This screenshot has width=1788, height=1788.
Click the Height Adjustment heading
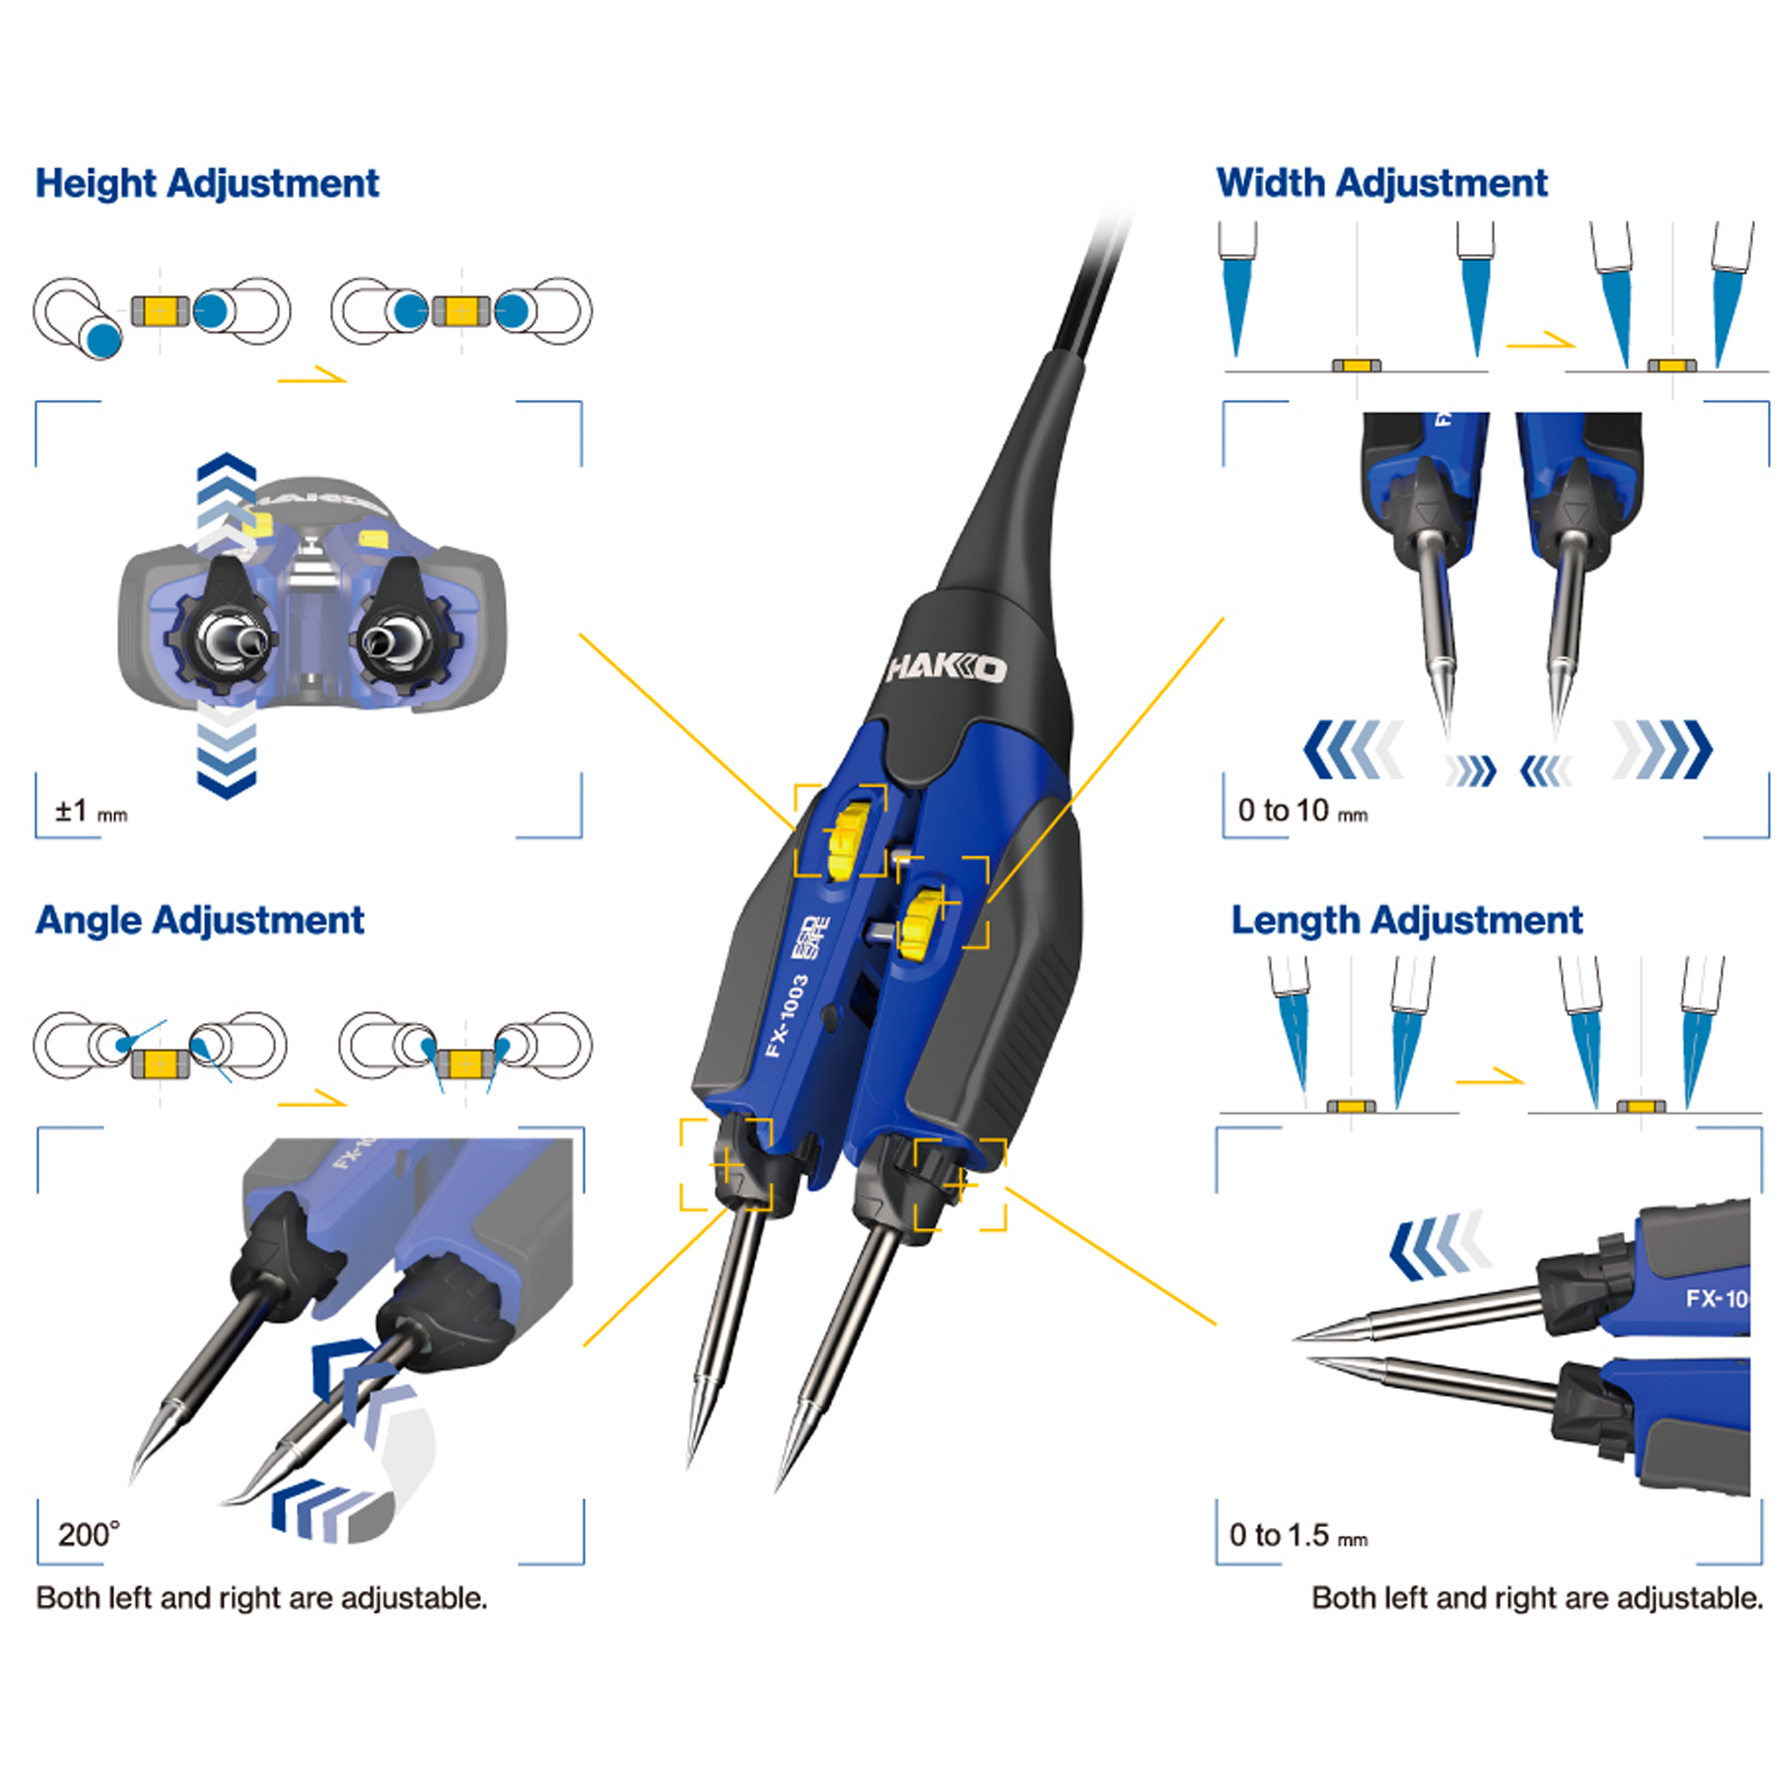pyautogui.click(x=206, y=183)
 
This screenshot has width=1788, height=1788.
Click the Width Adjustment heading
pyautogui.click(x=1381, y=183)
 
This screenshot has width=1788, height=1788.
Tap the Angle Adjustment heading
pyautogui.click(x=199, y=920)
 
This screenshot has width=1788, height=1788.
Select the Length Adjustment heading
pyautogui.click(x=1406, y=920)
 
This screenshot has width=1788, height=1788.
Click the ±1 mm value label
pyautogui.click(x=90, y=812)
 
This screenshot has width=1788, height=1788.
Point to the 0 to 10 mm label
pyautogui.click(x=1301, y=811)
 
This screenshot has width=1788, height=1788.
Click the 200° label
pyautogui.click(x=88, y=1535)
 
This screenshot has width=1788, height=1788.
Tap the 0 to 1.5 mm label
pyautogui.click(x=1296, y=1536)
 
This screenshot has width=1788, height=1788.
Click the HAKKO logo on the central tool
pyautogui.click(x=945, y=668)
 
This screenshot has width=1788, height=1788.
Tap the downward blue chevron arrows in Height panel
pyautogui.click(x=226, y=754)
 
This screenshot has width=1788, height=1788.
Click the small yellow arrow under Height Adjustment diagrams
pyautogui.click(x=312, y=375)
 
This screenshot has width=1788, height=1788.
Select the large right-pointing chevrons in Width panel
pyautogui.click(x=1663, y=749)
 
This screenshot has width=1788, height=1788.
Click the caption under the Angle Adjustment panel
pyautogui.click(x=261, y=1599)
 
